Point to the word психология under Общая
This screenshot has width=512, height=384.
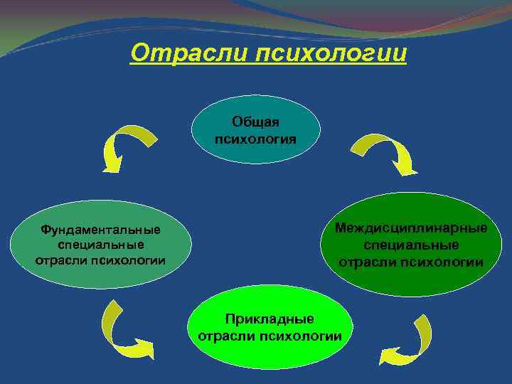point(256,137)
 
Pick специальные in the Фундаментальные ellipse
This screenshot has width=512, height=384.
point(100,245)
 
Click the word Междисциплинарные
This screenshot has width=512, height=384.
point(412,228)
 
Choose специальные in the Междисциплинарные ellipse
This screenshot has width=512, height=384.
point(412,245)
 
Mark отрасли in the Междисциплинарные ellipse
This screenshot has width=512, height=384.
point(366,262)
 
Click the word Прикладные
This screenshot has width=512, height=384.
point(270,319)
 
